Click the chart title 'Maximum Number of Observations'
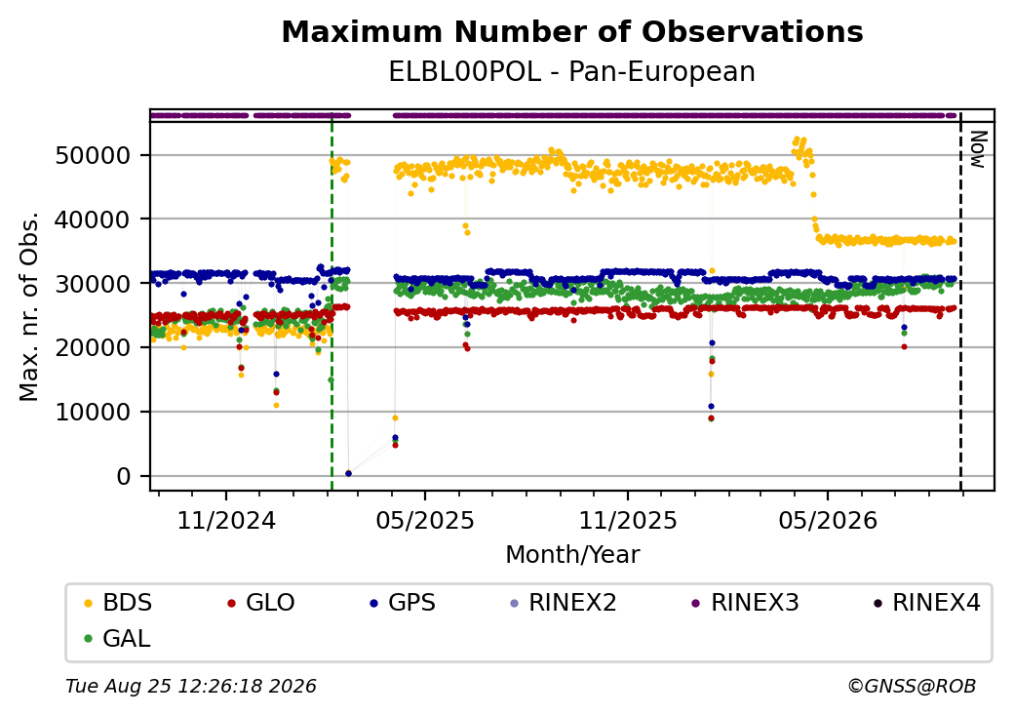coord(572,31)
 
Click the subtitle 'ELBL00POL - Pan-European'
coord(571,72)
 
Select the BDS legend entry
coord(118,603)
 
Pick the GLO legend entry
coord(261,603)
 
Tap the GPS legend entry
coord(403,603)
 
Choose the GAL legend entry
coord(118,638)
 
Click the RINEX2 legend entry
coord(564,603)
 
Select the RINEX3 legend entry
coord(746,603)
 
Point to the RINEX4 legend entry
coord(927,603)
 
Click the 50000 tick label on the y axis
coord(93,156)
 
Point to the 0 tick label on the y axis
coord(124,477)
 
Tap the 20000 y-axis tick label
coord(93,348)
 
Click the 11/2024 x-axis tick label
coord(226,521)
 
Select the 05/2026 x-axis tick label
coord(828,521)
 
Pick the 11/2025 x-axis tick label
coord(627,521)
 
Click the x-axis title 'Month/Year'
coord(572,555)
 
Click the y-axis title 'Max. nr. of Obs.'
coord(29,306)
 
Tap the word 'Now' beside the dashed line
coord(978,149)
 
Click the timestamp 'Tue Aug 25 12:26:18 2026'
coord(191,686)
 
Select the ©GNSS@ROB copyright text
coord(912,686)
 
